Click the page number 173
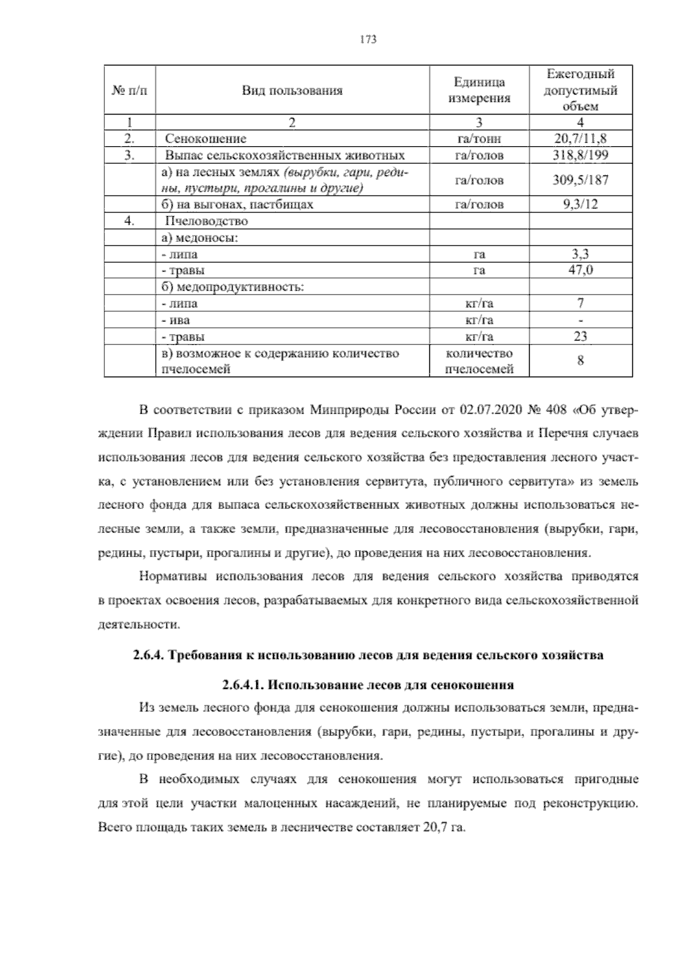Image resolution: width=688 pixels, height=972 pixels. pyautogui.click(x=368, y=40)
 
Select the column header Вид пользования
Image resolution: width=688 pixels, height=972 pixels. pyautogui.click(x=292, y=91)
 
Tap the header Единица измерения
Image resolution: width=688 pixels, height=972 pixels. pyautogui.click(x=479, y=90)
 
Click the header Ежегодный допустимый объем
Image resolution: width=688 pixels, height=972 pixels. pyautogui.click(x=580, y=90)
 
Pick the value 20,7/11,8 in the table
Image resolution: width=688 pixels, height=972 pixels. pyautogui.click(x=580, y=138)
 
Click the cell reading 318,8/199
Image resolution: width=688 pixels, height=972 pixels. pyautogui.click(x=580, y=155)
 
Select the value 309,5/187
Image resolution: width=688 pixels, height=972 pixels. pyautogui.click(x=580, y=180)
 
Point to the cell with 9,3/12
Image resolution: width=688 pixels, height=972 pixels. pyautogui.click(x=580, y=204)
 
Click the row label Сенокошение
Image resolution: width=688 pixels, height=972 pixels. pyautogui.click(x=206, y=139)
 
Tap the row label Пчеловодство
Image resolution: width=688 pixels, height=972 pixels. pyautogui.click(x=206, y=221)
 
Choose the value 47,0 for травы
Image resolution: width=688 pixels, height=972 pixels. pyautogui.click(x=580, y=270)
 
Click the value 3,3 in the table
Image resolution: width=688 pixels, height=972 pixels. pyautogui.click(x=580, y=254)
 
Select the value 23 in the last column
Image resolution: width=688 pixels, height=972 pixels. pyautogui.click(x=580, y=336)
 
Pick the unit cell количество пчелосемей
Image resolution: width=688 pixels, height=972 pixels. pyautogui.click(x=479, y=361)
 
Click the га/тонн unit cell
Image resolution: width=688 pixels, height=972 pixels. pyautogui.click(x=479, y=139)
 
